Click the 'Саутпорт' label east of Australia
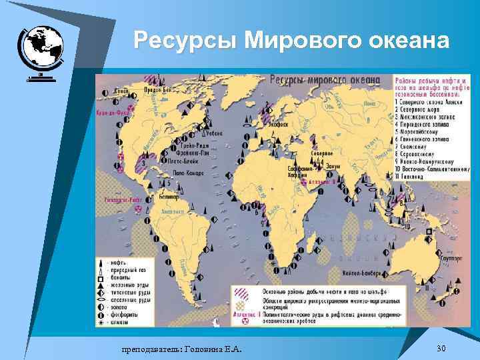click(451, 255)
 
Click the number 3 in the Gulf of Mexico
click(145, 163)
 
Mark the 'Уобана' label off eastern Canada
click(214, 134)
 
